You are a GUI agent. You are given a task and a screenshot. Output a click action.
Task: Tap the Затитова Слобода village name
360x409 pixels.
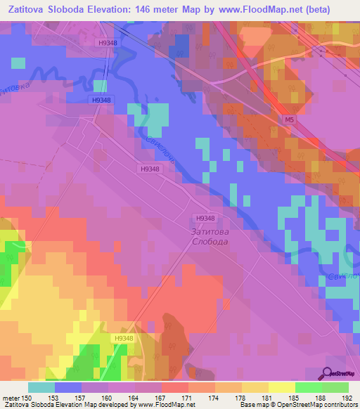coord(210,235)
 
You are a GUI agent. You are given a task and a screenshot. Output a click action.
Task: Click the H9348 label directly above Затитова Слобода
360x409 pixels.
coord(205,218)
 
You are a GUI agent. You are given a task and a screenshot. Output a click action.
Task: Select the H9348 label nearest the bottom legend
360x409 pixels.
coord(124,338)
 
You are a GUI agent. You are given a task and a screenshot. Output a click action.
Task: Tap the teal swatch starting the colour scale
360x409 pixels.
coord(41,387)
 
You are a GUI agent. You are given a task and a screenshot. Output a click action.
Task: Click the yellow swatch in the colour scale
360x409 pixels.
coord(281,387)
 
